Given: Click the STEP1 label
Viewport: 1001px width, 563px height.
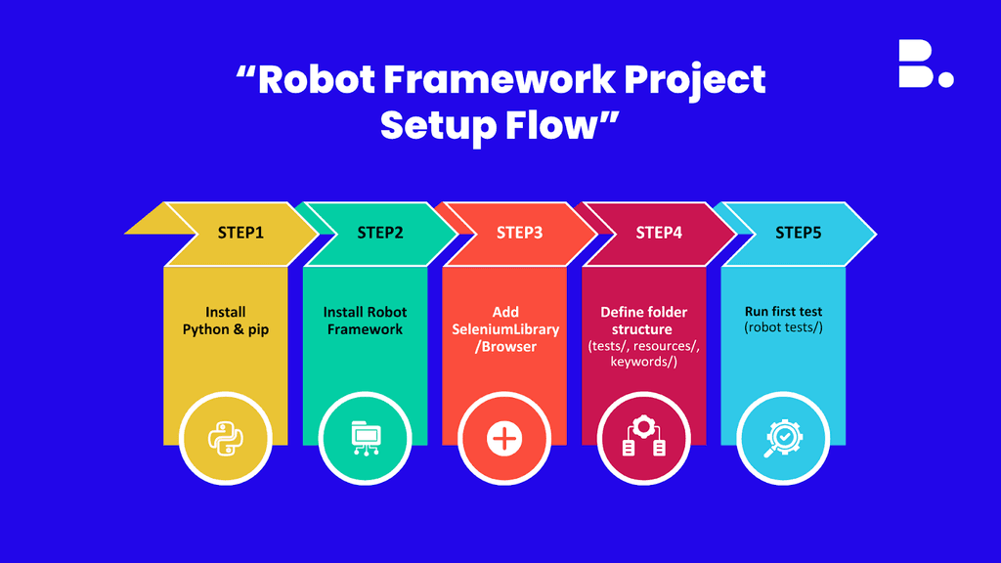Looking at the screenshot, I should pyautogui.click(x=240, y=233).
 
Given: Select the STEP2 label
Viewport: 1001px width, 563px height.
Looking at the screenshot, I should pyautogui.click(x=380, y=233).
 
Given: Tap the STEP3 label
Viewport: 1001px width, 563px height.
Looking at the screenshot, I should pyautogui.click(x=520, y=233).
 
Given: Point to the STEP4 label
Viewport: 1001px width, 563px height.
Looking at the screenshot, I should pyautogui.click(x=659, y=233).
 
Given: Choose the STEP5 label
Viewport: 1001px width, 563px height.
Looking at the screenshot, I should pyautogui.click(x=799, y=233).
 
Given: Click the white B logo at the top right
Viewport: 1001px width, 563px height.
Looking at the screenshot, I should pyautogui.click(x=924, y=65).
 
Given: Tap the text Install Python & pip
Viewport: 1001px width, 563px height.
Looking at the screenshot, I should pyautogui.click(x=226, y=321).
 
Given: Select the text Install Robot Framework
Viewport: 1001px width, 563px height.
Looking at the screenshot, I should pyautogui.click(x=365, y=321).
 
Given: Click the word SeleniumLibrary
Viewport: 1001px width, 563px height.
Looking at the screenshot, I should pyautogui.click(x=505, y=329).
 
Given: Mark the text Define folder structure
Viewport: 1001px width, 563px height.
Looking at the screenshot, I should pyautogui.click(x=643, y=321).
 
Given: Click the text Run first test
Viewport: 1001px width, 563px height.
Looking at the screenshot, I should pyautogui.click(x=783, y=312).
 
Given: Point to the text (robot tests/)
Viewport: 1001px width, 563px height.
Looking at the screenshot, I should pyautogui.click(x=783, y=328).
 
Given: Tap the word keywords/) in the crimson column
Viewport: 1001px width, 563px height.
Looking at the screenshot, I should pyautogui.click(x=643, y=363).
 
